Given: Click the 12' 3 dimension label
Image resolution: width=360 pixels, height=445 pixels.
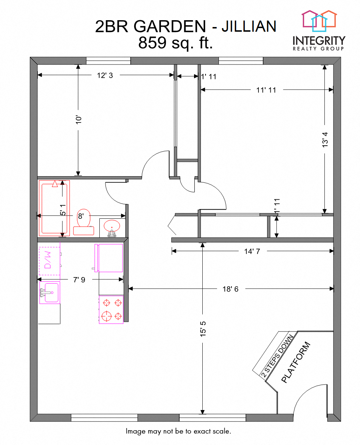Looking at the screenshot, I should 105,75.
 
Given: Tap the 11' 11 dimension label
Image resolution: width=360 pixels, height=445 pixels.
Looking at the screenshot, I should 266,90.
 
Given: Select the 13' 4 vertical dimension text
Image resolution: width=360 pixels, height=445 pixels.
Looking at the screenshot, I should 325,139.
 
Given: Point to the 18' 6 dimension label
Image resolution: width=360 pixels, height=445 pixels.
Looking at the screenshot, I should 230,289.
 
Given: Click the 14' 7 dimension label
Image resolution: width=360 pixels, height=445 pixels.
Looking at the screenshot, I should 252,252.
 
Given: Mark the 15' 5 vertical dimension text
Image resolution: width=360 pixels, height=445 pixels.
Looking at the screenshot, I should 203,329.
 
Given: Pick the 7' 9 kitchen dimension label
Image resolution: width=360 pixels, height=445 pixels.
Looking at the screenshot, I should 79,280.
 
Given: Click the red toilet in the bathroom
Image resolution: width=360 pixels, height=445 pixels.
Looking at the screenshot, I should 84,223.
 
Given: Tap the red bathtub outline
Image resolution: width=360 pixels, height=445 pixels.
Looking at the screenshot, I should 54,208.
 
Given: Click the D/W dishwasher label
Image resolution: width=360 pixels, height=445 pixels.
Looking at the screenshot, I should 48,260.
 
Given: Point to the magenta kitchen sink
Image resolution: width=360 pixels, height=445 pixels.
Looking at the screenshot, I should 50,292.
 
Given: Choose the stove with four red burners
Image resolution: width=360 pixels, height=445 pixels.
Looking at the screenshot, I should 111,310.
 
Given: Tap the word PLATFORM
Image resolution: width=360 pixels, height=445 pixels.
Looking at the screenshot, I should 296,362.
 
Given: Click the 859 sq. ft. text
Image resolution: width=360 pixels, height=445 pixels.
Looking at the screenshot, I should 175,43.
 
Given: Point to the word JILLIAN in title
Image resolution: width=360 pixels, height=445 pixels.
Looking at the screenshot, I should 249,27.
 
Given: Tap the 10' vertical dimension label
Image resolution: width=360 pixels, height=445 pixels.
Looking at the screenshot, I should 78,120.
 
